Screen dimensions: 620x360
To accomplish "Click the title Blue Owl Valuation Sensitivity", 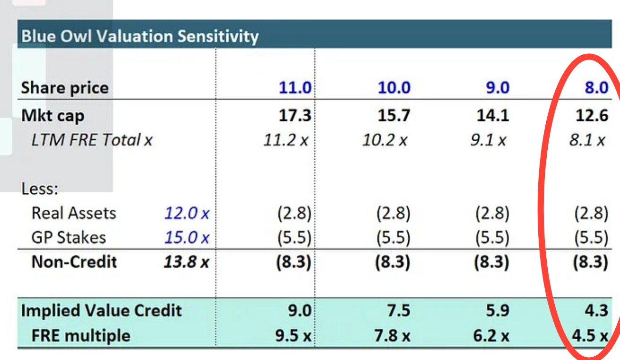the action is (x=140, y=36).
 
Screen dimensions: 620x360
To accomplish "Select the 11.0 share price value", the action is (x=295, y=88).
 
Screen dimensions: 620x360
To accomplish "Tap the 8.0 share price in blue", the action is (x=596, y=88).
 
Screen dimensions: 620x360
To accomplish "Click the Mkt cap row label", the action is (x=52, y=116).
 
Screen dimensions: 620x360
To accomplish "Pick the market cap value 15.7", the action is (x=394, y=115).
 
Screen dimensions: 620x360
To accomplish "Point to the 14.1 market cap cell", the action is (x=493, y=115).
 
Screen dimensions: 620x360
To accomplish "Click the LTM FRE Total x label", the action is (x=92, y=140).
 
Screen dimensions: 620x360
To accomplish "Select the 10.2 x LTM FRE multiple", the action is (x=385, y=140).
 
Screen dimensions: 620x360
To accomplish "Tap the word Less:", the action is (x=40, y=189).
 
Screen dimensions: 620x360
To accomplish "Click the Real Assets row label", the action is (x=74, y=214).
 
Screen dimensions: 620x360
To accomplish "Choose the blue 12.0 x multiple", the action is (x=187, y=214).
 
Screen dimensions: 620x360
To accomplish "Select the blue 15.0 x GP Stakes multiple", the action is (x=187, y=238).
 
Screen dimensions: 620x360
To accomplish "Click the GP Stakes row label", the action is (x=69, y=238).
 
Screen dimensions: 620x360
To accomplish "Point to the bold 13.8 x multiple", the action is (x=187, y=262).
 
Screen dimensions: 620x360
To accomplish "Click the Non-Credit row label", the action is (x=74, y=262).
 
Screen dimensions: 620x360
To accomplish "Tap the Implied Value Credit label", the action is (x=101, y=310).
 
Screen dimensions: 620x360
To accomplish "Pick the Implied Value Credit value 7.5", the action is (x=398, y=310).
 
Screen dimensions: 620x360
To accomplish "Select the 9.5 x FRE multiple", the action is (x=293, y=335).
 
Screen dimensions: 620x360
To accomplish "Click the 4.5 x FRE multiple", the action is (x=590, y=335).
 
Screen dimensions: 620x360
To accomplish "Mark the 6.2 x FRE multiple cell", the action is (x=491, y=335).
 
